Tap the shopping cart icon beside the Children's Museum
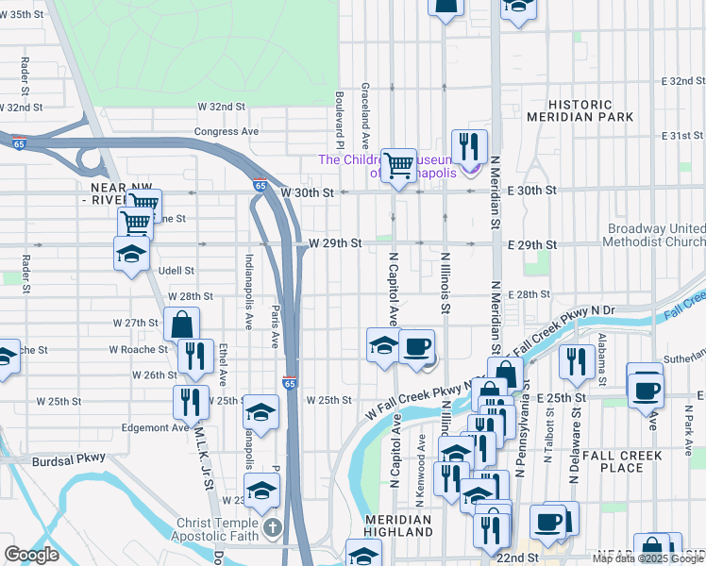(398, 166)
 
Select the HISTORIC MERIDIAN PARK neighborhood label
(592, 109)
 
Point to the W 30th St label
(308, 192)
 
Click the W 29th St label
(335, 243)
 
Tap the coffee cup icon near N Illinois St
(416, 346)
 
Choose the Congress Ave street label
(227, 132)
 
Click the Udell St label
(176, 271)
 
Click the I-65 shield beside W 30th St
(260, 185)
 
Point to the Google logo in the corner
(31, 554)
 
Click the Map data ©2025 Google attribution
(647, 558)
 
